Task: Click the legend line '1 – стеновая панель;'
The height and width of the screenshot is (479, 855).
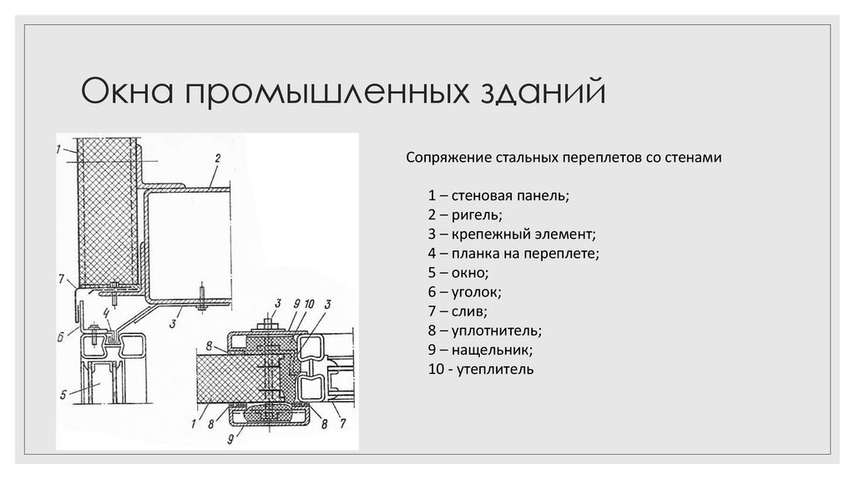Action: [498, 197]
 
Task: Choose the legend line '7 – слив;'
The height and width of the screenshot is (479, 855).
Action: [457, 310]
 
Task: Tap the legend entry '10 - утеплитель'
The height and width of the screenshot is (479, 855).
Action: [480, 368]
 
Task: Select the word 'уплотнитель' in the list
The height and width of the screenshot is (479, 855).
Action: [499, 330]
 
